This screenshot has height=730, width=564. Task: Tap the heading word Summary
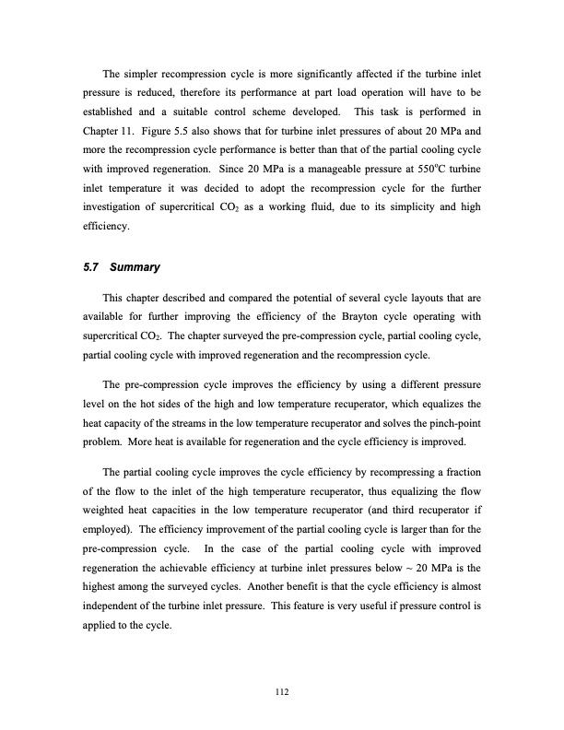135,268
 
